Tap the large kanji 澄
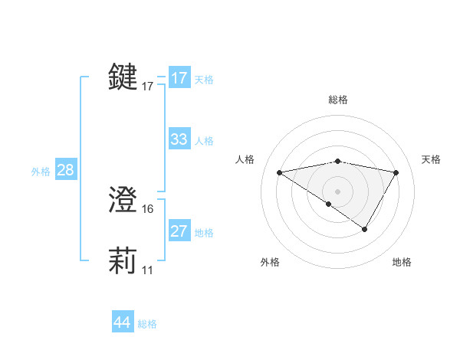[123, 201]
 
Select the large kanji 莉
[123, 260]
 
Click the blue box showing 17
[179, 78]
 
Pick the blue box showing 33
[179, 139]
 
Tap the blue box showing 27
[179, 231]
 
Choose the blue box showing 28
[65, 170]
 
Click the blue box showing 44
[122, 322]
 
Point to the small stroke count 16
[148, 209]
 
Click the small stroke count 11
[147, 270]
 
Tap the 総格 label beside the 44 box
[147, 324]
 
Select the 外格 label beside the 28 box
[41, 172]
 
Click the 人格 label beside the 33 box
[204, 141]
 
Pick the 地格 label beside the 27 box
[204, 233]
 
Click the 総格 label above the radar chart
[337, 100]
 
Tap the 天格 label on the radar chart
[432, 159]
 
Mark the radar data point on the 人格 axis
[279, 172]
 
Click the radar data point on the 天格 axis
[396, 172]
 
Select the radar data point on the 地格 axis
[365, 229]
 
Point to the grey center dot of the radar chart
[337, 191]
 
